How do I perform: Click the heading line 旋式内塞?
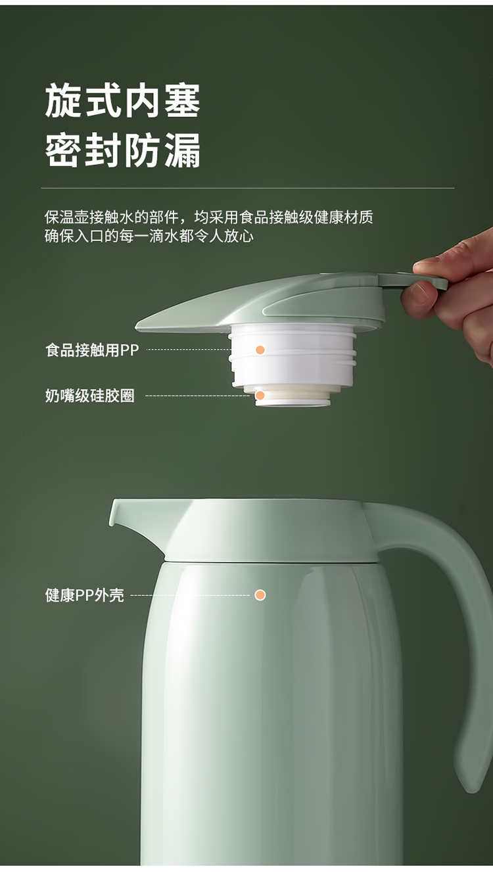coord(123,101)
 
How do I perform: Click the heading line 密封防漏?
coord(123,150)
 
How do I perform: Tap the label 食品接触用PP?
coord(92,350)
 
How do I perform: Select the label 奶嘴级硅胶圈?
coord(90,396)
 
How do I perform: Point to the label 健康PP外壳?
coord(85,595)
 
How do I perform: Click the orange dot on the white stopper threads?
coord(260,349)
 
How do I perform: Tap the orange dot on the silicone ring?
coord(260,395)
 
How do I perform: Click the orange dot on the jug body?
coord(260,595)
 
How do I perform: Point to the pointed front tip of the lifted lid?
coord(136,326)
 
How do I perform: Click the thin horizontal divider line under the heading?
coord(248,189)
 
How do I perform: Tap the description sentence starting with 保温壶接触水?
coord(208,217)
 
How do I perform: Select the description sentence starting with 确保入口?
coord(149,236)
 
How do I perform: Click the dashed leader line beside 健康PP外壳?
coord(190,595)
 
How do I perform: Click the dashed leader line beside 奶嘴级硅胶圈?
coord(197,396)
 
